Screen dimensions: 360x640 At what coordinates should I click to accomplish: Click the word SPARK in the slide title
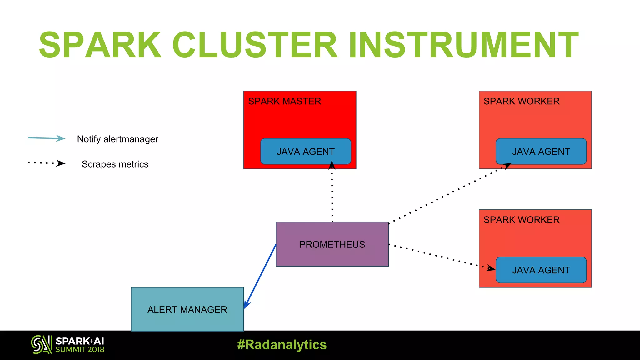(x=100, y=45)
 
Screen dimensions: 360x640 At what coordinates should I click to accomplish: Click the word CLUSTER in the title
(x=255, y=45)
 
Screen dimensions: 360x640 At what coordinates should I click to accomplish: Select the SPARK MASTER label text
(x=284, y=101)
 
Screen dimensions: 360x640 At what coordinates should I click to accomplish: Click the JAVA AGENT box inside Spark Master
(x=306, y=152)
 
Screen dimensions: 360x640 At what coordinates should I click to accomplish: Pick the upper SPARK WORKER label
(x=521, y=101)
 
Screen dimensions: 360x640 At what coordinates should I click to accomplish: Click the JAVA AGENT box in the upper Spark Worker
(x=541, y=152)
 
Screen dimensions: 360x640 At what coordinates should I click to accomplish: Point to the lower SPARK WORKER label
(x=521, y=220)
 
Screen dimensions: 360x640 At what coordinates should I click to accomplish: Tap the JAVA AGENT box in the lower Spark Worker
(x=541, y=270)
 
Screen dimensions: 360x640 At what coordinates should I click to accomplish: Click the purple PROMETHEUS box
(x=332, y=244)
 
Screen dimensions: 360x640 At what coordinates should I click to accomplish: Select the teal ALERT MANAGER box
(x=187, y=309)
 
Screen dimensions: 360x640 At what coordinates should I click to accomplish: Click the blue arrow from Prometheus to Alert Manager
(x=260, y=276)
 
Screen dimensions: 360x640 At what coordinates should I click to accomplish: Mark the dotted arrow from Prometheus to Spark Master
(x=332, y=194)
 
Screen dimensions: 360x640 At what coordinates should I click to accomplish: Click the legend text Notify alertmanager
(x=117, y=139)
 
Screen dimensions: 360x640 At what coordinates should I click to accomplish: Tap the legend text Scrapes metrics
(x=115, y=164)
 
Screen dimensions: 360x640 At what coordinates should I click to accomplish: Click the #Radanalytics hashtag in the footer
(x=282, y=345)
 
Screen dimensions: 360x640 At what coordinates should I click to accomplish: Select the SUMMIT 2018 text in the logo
(x=80, y=350)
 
